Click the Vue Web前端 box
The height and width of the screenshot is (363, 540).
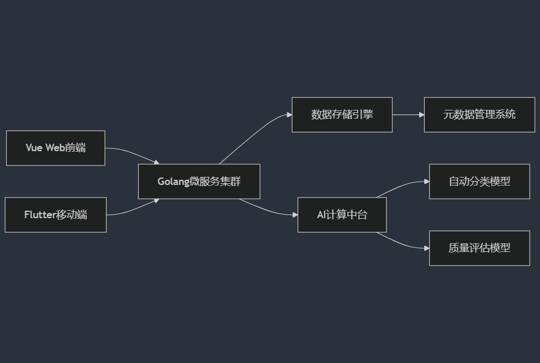tap(56, 148)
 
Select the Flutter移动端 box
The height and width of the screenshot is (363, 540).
tap(56, 215)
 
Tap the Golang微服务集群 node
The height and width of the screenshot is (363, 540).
tap(199, 181)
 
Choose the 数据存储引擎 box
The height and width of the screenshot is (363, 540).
tap(342, 115)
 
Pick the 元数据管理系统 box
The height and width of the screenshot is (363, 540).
tap(479, 115)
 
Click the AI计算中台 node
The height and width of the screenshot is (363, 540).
tap(342, 215)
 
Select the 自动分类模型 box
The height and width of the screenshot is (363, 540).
tap(479, 181)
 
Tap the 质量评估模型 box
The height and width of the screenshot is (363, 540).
tap(479, 248)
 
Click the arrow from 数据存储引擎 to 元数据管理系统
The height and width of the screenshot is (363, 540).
tap(408, 115)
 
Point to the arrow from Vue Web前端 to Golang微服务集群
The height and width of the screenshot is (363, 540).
tap(132, 153)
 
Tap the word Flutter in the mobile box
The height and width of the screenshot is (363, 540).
tap(40, 215)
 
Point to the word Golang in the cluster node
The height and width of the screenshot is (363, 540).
tap(173, 182)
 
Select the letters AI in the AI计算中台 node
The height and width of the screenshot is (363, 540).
tap(321, 215)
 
